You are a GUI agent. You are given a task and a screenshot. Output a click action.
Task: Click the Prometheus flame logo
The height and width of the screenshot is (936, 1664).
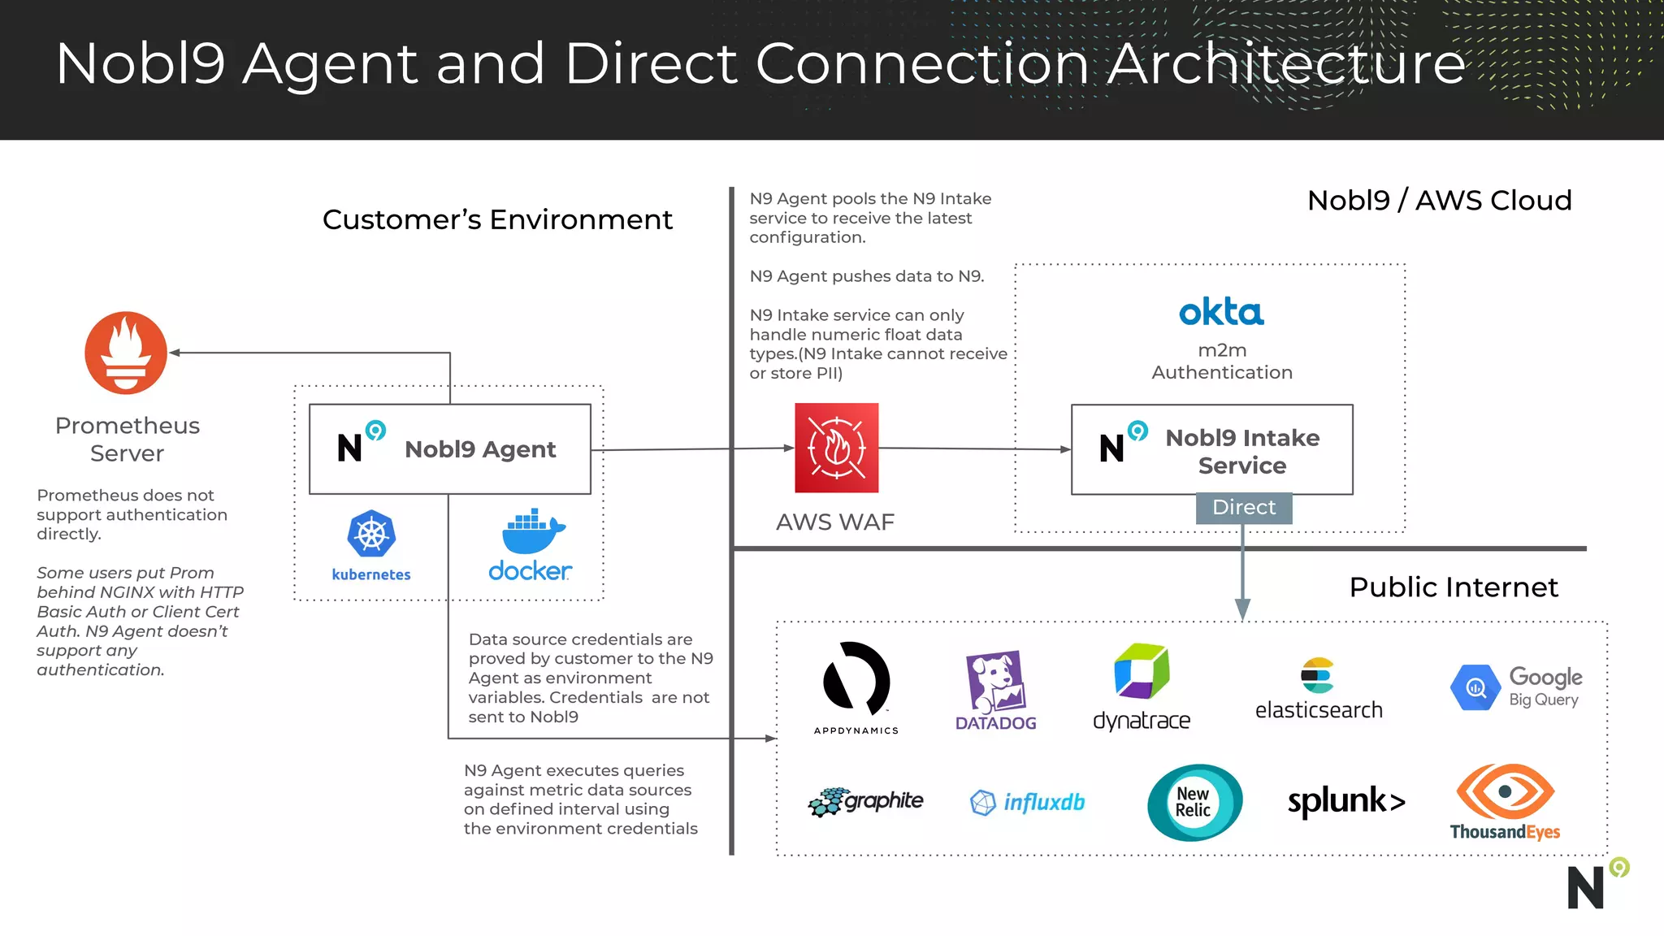click(x=126, y=353)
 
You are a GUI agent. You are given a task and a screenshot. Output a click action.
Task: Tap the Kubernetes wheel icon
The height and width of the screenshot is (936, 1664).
click(x=371, y=534)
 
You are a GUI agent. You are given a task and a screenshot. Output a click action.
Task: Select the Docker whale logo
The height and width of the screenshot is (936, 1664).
click(x=532, y=533)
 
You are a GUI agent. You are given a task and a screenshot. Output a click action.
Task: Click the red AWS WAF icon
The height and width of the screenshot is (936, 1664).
click(x=836, y=448)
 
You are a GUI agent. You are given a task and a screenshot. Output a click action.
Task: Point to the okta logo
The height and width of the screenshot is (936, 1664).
click(x=1221, y=312)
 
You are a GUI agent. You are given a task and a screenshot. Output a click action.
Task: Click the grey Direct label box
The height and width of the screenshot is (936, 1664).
click(x=1243, y=508)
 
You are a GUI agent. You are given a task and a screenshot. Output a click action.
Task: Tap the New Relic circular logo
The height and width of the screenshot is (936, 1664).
click(x=1194, y=802)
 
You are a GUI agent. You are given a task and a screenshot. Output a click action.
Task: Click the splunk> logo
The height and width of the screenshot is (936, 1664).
click(x=1346, y=801)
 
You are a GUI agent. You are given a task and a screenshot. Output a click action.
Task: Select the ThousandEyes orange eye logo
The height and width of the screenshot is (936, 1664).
click(x=1505, y=791)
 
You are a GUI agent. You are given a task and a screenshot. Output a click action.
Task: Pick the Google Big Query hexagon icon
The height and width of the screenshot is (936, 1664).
click(x=1475, y=687)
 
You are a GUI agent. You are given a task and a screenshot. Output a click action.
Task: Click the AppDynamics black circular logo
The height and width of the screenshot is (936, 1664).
click(x=856, y=679)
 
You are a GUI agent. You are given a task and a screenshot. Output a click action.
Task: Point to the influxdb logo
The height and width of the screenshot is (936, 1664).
click(x=1028, y=803)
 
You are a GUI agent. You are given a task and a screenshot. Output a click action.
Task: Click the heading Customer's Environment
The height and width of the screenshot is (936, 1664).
click(x=497, y=219)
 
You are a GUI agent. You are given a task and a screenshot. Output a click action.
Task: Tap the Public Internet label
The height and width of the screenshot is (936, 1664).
click(x=1454, y=587)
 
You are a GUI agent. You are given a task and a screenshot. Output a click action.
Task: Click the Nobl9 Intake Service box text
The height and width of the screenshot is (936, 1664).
click(x=1242, y=451)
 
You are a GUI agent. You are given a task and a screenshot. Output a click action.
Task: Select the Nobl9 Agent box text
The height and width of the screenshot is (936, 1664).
click(x=480, y=449)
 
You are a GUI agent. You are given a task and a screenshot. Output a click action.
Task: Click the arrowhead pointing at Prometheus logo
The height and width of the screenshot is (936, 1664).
click(x=175, y=353)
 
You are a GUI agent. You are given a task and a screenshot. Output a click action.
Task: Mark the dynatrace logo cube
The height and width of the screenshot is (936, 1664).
click(x=1142, y=672)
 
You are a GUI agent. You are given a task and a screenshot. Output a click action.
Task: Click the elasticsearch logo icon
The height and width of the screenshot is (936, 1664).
click(x=1317, y=675)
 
